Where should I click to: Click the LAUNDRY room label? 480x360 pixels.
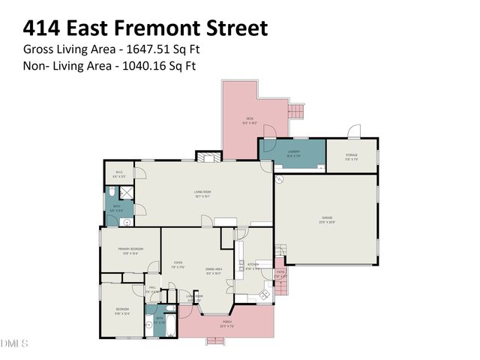point(293,153)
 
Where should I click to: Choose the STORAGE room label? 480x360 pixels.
point(352,157)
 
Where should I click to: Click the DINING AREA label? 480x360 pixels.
point(214,270)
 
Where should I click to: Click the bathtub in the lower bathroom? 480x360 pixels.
point(169,327)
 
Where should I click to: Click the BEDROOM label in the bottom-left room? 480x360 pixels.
point(121,310)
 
